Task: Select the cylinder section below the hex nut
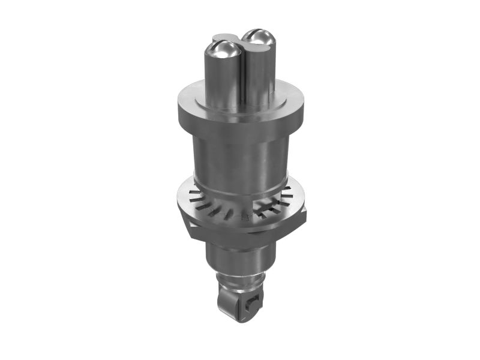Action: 237,255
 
